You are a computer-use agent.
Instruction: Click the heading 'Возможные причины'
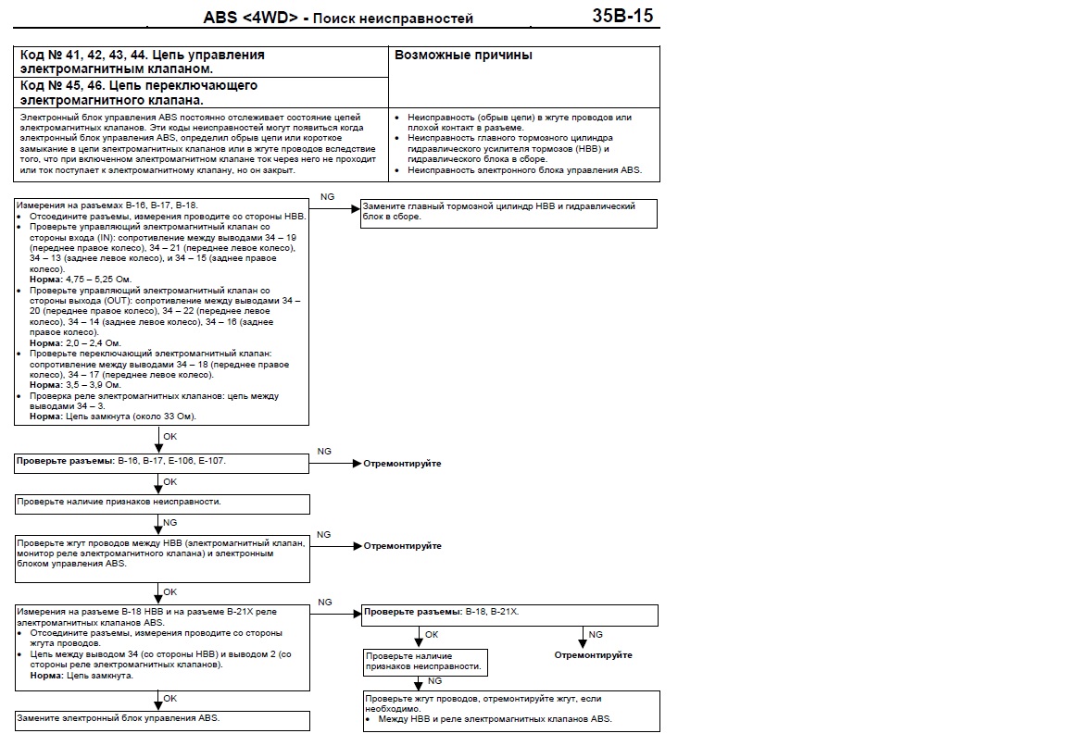pos(464,56)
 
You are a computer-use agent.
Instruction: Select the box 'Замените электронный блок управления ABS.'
pos(162,719)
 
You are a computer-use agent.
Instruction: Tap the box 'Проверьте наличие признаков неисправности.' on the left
pos(162,504)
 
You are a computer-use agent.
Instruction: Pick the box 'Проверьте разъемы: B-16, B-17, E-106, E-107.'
pos(162,461)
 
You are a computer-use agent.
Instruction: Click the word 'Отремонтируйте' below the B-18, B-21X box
pos(593,655)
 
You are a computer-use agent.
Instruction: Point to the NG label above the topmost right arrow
pos(327,196)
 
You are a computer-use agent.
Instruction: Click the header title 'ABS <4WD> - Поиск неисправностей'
pos(338,19)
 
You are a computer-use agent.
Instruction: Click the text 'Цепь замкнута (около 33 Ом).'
pos(131,417)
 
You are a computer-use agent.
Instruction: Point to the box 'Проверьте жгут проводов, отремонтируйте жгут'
pos(510,709)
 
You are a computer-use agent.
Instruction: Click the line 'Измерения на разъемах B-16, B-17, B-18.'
pos(107,204)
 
